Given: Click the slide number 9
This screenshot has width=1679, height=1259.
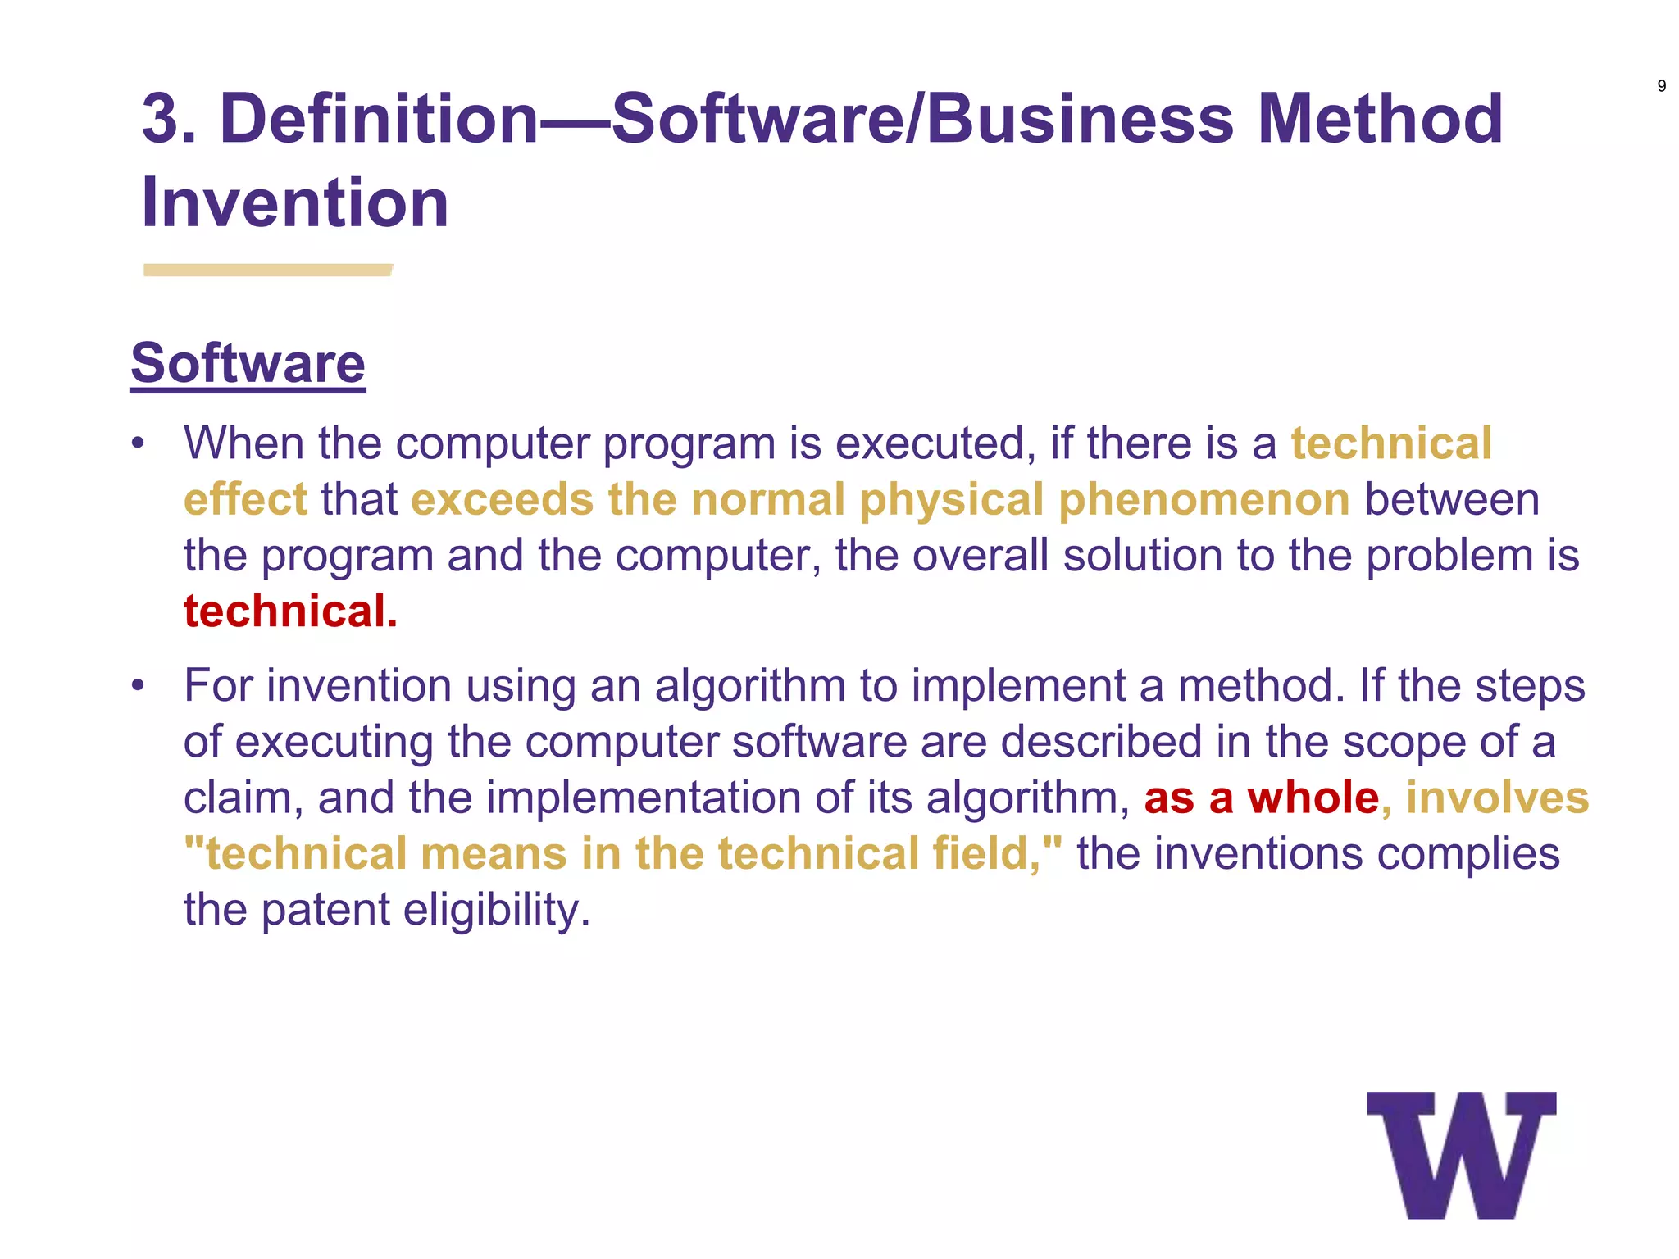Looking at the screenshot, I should pos(1661,86).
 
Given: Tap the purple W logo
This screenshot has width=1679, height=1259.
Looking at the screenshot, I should pos(1462,1155).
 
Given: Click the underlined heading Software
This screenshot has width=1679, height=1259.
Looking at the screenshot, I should pos(248,363).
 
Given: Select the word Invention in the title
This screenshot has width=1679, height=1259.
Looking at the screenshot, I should pos(295,203).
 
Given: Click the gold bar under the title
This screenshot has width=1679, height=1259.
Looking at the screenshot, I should pos(267,270).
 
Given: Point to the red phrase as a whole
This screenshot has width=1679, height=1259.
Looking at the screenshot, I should pos(1262,798).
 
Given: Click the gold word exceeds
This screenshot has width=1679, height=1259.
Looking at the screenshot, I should pos(502,499).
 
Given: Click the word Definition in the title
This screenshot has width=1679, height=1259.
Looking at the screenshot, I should pos(380,119).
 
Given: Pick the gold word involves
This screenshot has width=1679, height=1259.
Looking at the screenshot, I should pos(1497,798).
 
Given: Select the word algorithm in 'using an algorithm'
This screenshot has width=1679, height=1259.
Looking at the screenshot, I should pos(749,685).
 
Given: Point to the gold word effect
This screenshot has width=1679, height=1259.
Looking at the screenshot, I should pos(245,499).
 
